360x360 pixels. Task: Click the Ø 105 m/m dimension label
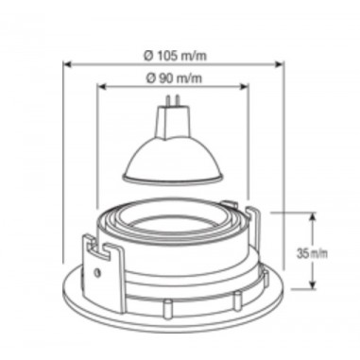pos(176,56)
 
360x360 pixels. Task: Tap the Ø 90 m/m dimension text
pos(174,77)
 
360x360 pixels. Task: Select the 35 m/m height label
pos(312,253)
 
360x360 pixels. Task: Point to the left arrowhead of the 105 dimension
pos(67,64)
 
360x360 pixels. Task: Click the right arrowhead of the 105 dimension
pos(280,64)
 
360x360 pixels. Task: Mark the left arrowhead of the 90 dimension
pos(101,87)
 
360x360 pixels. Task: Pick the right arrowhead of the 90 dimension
pos(245,87)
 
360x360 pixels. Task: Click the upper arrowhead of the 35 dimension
pos(313,217)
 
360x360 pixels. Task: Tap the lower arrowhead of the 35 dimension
pos(313,284)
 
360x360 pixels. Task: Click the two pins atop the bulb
pos(173,101)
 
